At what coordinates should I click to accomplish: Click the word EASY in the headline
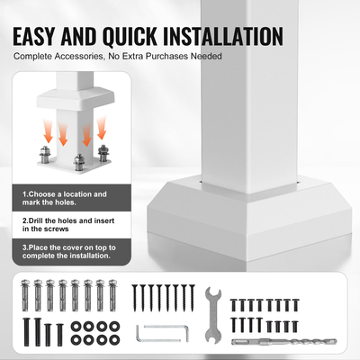(34, 37)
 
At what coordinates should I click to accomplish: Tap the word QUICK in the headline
(130, 37)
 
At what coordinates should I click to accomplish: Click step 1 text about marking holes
(65, 198)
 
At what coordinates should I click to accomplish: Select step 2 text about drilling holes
(68, 225)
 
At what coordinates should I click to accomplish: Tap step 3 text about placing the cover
(69, 252)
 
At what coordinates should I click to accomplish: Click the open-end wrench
(213, 315)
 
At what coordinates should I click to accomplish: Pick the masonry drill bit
(284, 342)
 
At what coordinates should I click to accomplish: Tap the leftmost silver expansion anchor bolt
(25, 295)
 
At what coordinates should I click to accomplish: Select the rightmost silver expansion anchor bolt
(112, 295)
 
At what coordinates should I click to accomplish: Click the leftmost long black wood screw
(135, 299)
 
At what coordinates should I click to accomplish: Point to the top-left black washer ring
(76, 327)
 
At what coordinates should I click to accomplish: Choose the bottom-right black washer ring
(114, 340)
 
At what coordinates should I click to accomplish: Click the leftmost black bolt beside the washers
(27, 332)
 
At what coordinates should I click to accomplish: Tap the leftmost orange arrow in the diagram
(48, 131)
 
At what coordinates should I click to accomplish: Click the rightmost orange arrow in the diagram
(102, 128)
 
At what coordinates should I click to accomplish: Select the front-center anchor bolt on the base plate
(78, 163)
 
